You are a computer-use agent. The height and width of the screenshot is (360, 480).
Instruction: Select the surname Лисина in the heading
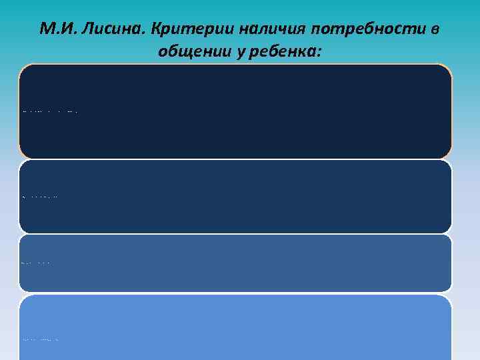tap(107, 29)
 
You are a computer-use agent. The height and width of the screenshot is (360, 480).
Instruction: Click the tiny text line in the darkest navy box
tap(50, 112)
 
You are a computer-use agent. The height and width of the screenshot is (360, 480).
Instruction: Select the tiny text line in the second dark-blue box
tap(40, 197)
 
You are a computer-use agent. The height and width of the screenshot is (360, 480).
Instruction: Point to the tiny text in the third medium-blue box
tap(36, 263)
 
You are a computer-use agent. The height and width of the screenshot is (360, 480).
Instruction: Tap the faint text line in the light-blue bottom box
tap(40, 339)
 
